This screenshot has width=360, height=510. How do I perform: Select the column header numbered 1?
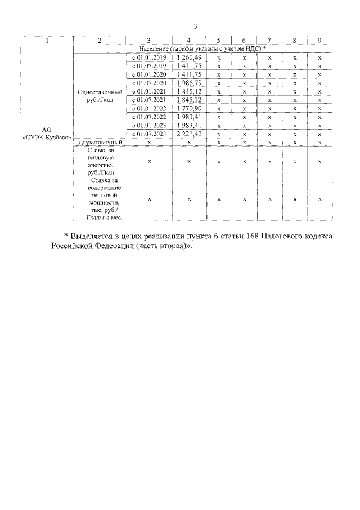click(47, 41)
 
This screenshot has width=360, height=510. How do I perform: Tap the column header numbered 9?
click(319, 41)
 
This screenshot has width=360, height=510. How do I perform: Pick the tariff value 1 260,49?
click(189, 57)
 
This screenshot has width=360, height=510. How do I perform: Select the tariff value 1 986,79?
click(189, 83)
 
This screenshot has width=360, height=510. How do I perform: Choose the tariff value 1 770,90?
click(189, 108)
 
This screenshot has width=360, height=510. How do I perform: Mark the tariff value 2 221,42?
click(189, 134)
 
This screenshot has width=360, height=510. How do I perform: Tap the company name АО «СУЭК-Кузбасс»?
click(47, 134)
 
